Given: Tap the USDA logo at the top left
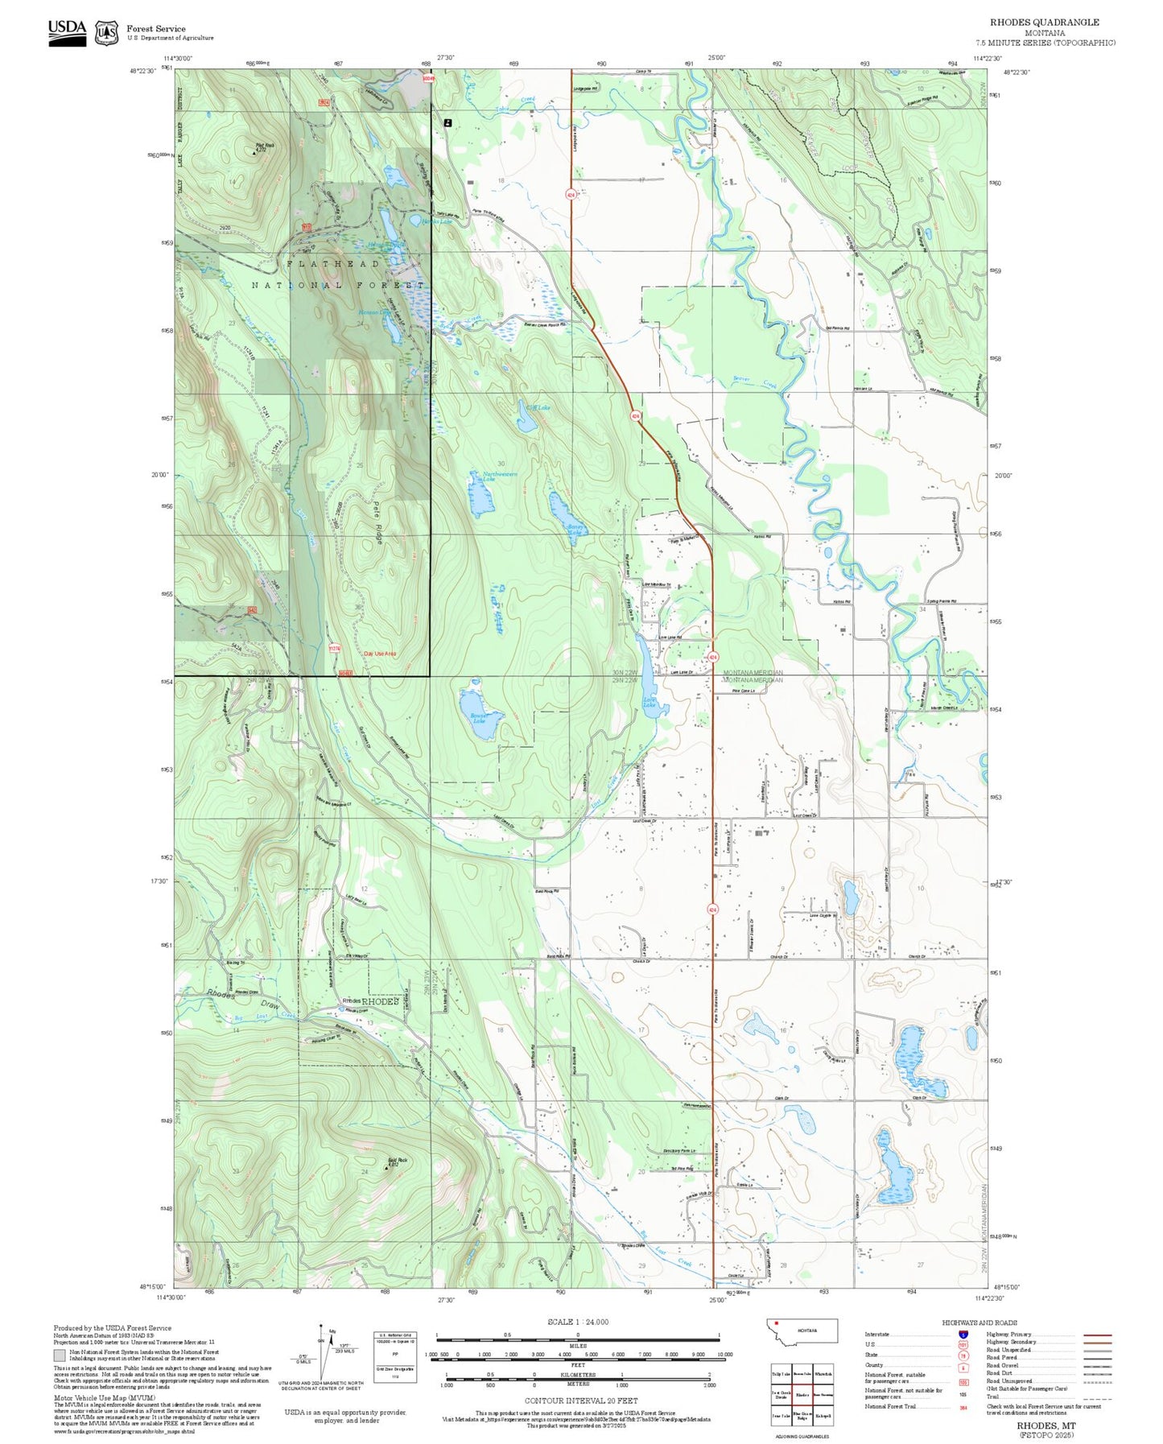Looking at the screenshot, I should click(67, 31).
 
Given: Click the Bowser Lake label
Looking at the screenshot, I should click(480, 717).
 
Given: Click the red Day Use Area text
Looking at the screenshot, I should click(380, 654).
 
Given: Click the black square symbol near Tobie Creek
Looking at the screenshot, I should click(448, 122).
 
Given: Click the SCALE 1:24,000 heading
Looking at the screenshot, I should click(577, 1322).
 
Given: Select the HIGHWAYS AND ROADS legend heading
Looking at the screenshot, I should click(979, 1322).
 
